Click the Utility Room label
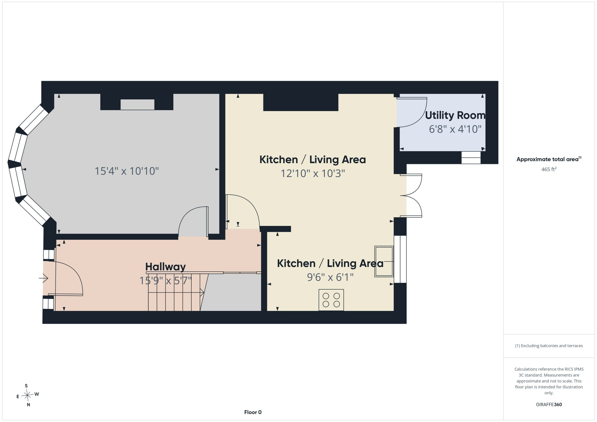455,115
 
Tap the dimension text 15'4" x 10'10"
127,171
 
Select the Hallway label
165,267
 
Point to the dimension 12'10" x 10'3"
313,173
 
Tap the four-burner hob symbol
331,300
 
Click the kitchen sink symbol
384,261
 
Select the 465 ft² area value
549,169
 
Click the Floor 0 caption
253,412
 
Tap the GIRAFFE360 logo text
549,404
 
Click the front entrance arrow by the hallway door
44,278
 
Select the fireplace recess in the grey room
137,104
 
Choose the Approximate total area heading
549,159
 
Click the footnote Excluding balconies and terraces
549,346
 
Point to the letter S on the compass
26,386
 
